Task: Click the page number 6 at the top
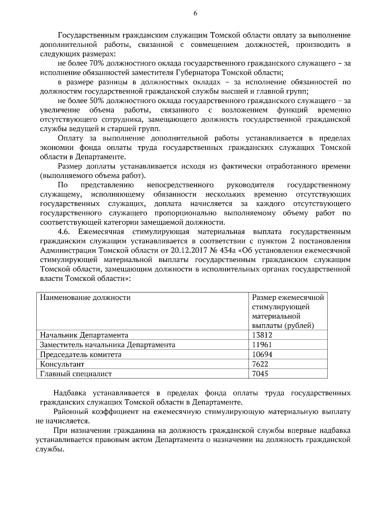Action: click(x=195, y=13)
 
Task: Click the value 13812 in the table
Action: click(x=262, y=335)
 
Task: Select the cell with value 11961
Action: click(x=262, y=345)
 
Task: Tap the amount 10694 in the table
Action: click(x=262, y=354)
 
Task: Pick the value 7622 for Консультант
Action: click(x=260, y=364)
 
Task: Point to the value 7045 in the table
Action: click(x=260, y=373)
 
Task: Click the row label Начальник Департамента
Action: click(x=84, y=335)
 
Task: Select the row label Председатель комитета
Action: click(x=81, y=354)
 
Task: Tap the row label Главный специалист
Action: click(x=76, y=373)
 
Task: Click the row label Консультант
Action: click(x=62, y=364)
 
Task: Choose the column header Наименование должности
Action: click(x=85, y=297)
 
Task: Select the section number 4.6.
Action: click(x=64, y=232)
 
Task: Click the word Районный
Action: click(x=70, y=412)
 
